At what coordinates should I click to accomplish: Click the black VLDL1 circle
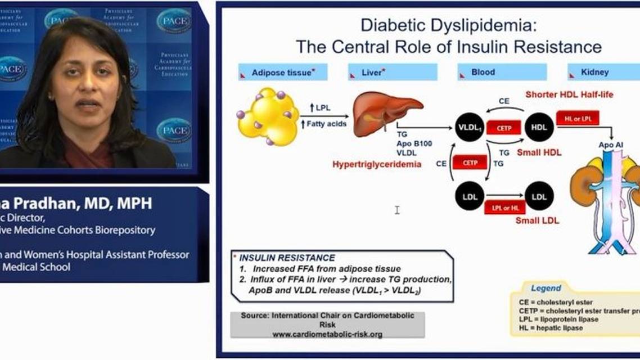469,128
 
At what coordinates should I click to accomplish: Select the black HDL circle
539,128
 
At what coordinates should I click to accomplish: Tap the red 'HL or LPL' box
578,118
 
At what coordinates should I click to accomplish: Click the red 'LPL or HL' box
504,208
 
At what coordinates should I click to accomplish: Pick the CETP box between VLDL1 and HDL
504,128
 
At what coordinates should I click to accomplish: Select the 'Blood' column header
483,72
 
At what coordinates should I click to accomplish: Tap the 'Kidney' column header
596,72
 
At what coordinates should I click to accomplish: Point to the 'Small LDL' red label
537,220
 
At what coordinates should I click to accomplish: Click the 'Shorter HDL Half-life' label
569,94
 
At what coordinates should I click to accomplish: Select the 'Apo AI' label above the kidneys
611,145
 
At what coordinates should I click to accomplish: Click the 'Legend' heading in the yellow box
546,288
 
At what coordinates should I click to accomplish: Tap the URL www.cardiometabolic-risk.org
327,334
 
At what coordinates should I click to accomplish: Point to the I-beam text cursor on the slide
397,210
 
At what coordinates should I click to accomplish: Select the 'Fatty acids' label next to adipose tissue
328,124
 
